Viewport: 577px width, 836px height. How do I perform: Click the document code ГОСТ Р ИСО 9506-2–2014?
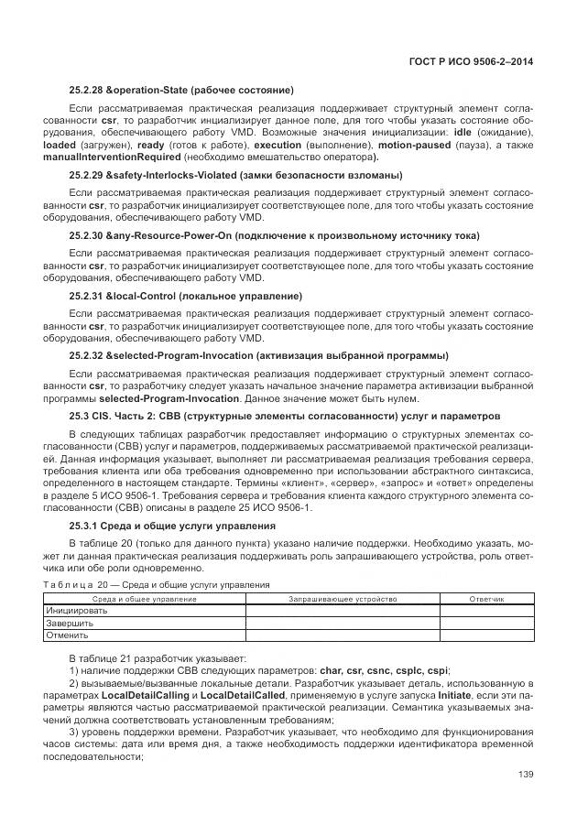pyautogui.click(x=471, y=61)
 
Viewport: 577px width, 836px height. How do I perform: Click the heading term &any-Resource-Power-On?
pyautogui.click(x=169, y=235)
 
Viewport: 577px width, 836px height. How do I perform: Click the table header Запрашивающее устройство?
pyautogui.click(x=343, y=599)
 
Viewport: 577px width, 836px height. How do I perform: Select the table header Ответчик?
pyautogui.click(x=486, y=599)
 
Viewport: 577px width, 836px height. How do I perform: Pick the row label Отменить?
pyautogui.click(x=68, y=635)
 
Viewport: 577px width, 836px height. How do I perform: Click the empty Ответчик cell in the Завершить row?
pyautogui.click(x=486, y=623)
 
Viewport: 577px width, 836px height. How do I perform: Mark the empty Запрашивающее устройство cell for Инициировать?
pyautogui.click(x=343, y=611)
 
